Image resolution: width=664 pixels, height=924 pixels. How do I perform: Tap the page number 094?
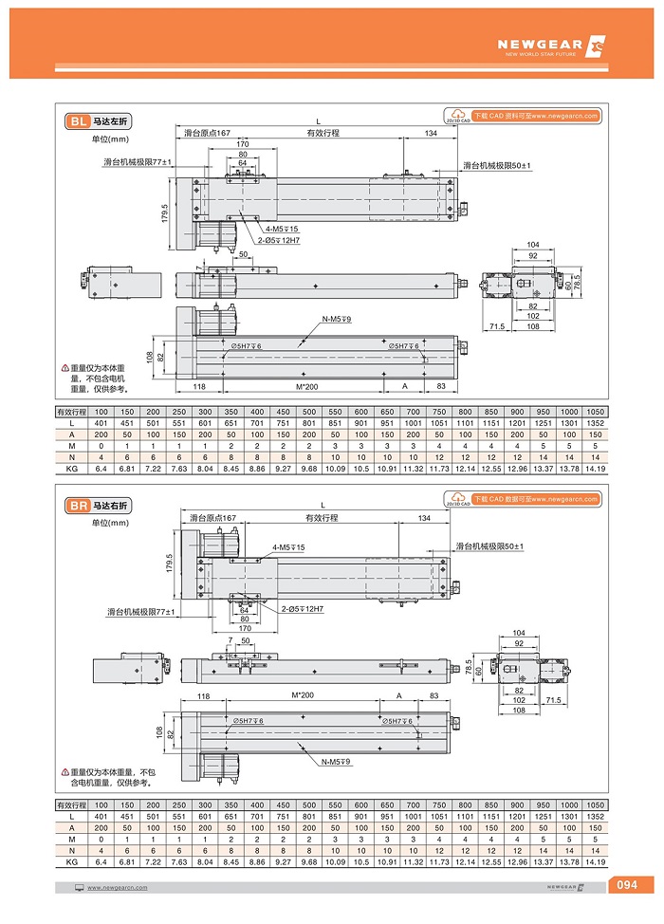(627, 886)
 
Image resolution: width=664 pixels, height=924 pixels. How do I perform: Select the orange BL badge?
(79, 121)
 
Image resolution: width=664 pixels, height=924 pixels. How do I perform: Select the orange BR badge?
(79, 507)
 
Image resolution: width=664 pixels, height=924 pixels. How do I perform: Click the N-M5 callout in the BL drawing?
(337, 320)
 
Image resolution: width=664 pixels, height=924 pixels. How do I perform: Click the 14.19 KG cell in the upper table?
(595, 469)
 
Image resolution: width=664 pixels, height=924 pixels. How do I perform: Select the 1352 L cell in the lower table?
(595, 817)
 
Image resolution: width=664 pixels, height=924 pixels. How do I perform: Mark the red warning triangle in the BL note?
(65, 368)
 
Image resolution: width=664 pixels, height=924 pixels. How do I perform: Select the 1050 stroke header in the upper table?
(595, 412)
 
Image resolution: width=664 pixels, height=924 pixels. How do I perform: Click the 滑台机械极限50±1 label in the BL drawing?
(497, 165)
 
